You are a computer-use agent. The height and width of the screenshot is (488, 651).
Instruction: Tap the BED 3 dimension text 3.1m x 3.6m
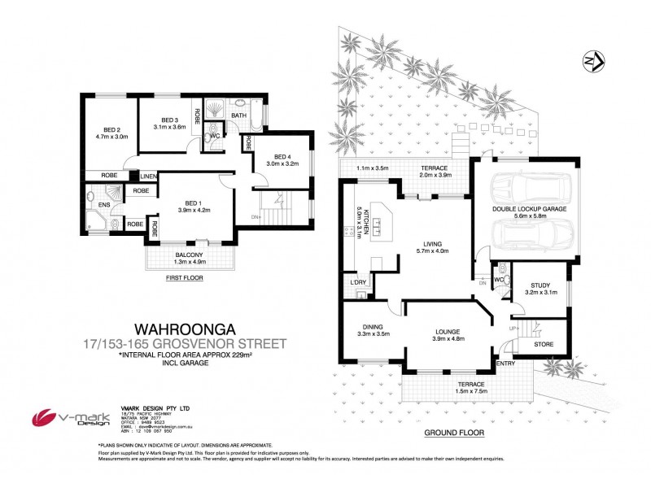click(169, 127)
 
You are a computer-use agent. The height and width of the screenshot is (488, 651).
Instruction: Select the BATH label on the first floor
click(238, 115)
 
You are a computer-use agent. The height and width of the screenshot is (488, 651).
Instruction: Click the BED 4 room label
click(282, 156)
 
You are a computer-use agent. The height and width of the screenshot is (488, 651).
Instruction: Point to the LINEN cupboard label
click(148, 176)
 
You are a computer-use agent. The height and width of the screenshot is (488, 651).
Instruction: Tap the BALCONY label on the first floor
click(190, 255)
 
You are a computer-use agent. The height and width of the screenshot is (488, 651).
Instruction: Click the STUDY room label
click(541, 285)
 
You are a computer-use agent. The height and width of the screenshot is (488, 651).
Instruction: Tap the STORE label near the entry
click(544, 344)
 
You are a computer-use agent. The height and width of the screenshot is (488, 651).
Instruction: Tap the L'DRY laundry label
click(356, 282)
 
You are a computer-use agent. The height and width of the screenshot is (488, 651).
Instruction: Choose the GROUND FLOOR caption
click(447, 434)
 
